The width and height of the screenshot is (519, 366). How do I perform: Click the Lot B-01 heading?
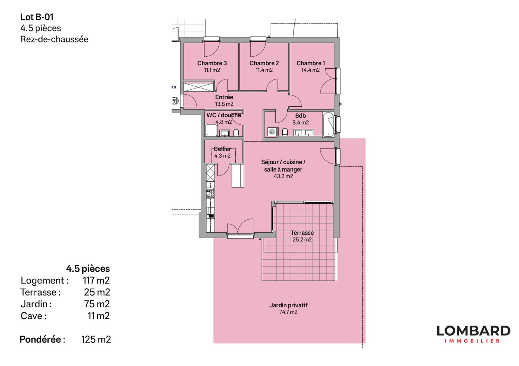[37, 17]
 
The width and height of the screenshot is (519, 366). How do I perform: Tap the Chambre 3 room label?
[212, 63]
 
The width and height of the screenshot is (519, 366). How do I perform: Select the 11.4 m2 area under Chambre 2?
[264, 70]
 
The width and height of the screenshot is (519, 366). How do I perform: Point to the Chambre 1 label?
[310, 63]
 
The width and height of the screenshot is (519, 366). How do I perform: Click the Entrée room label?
[224, 97]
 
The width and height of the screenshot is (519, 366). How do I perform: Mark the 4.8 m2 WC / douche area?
[224, 122]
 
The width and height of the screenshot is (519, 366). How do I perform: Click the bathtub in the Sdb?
[328, 124]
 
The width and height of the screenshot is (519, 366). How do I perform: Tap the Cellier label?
[222, 149]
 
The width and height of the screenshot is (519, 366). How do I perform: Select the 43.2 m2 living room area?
[283, 176]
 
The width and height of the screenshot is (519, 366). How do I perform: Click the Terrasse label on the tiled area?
[302, 233]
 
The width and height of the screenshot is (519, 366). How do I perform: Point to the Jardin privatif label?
[288, 305]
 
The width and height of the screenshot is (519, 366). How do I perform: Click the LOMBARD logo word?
[473, 331]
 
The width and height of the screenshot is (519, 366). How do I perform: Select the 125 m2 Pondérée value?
[96, 339]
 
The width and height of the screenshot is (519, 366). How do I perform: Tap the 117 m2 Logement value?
[96, 280]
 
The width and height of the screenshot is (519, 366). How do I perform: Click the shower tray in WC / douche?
[211, 131]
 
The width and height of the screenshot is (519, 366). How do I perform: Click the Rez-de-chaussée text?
[54, 39]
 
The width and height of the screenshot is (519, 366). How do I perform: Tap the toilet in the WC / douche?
[236, 133]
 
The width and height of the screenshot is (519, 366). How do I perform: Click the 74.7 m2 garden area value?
[288, 312]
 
